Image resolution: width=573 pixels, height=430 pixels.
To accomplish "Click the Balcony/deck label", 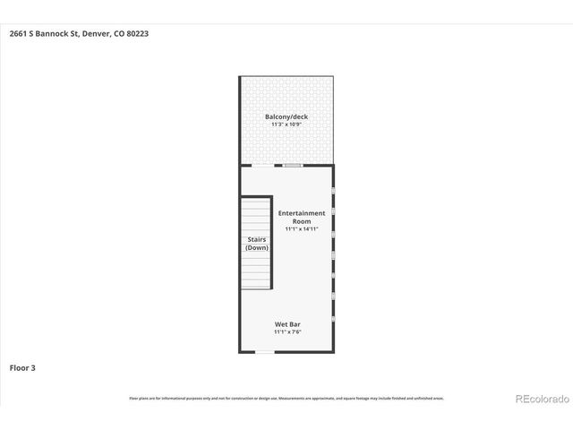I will pos(286,117).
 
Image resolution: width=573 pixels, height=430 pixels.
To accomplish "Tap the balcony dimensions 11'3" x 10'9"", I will pos(286,125).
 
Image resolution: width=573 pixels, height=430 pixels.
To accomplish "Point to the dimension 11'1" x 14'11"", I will pos(301,229).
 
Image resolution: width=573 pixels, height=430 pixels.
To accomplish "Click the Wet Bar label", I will pos(286,324).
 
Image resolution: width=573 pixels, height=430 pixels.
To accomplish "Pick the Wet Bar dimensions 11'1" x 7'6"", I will pos(286,332).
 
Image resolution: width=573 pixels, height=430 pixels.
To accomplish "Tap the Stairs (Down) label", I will pos(257,244).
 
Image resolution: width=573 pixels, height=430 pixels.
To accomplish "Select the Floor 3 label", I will pos(22,367).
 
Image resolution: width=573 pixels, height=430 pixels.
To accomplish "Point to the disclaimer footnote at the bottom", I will pos(286,399).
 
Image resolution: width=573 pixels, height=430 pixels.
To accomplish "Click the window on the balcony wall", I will pos(292,166).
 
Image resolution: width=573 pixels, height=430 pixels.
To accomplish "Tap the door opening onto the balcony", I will pos(262,166).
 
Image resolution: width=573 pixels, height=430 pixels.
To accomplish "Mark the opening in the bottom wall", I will pos(265,352).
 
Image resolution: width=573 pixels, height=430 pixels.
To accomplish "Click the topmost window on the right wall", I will pos(333,192).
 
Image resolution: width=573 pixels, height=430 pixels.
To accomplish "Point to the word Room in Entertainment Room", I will pos(301,220).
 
